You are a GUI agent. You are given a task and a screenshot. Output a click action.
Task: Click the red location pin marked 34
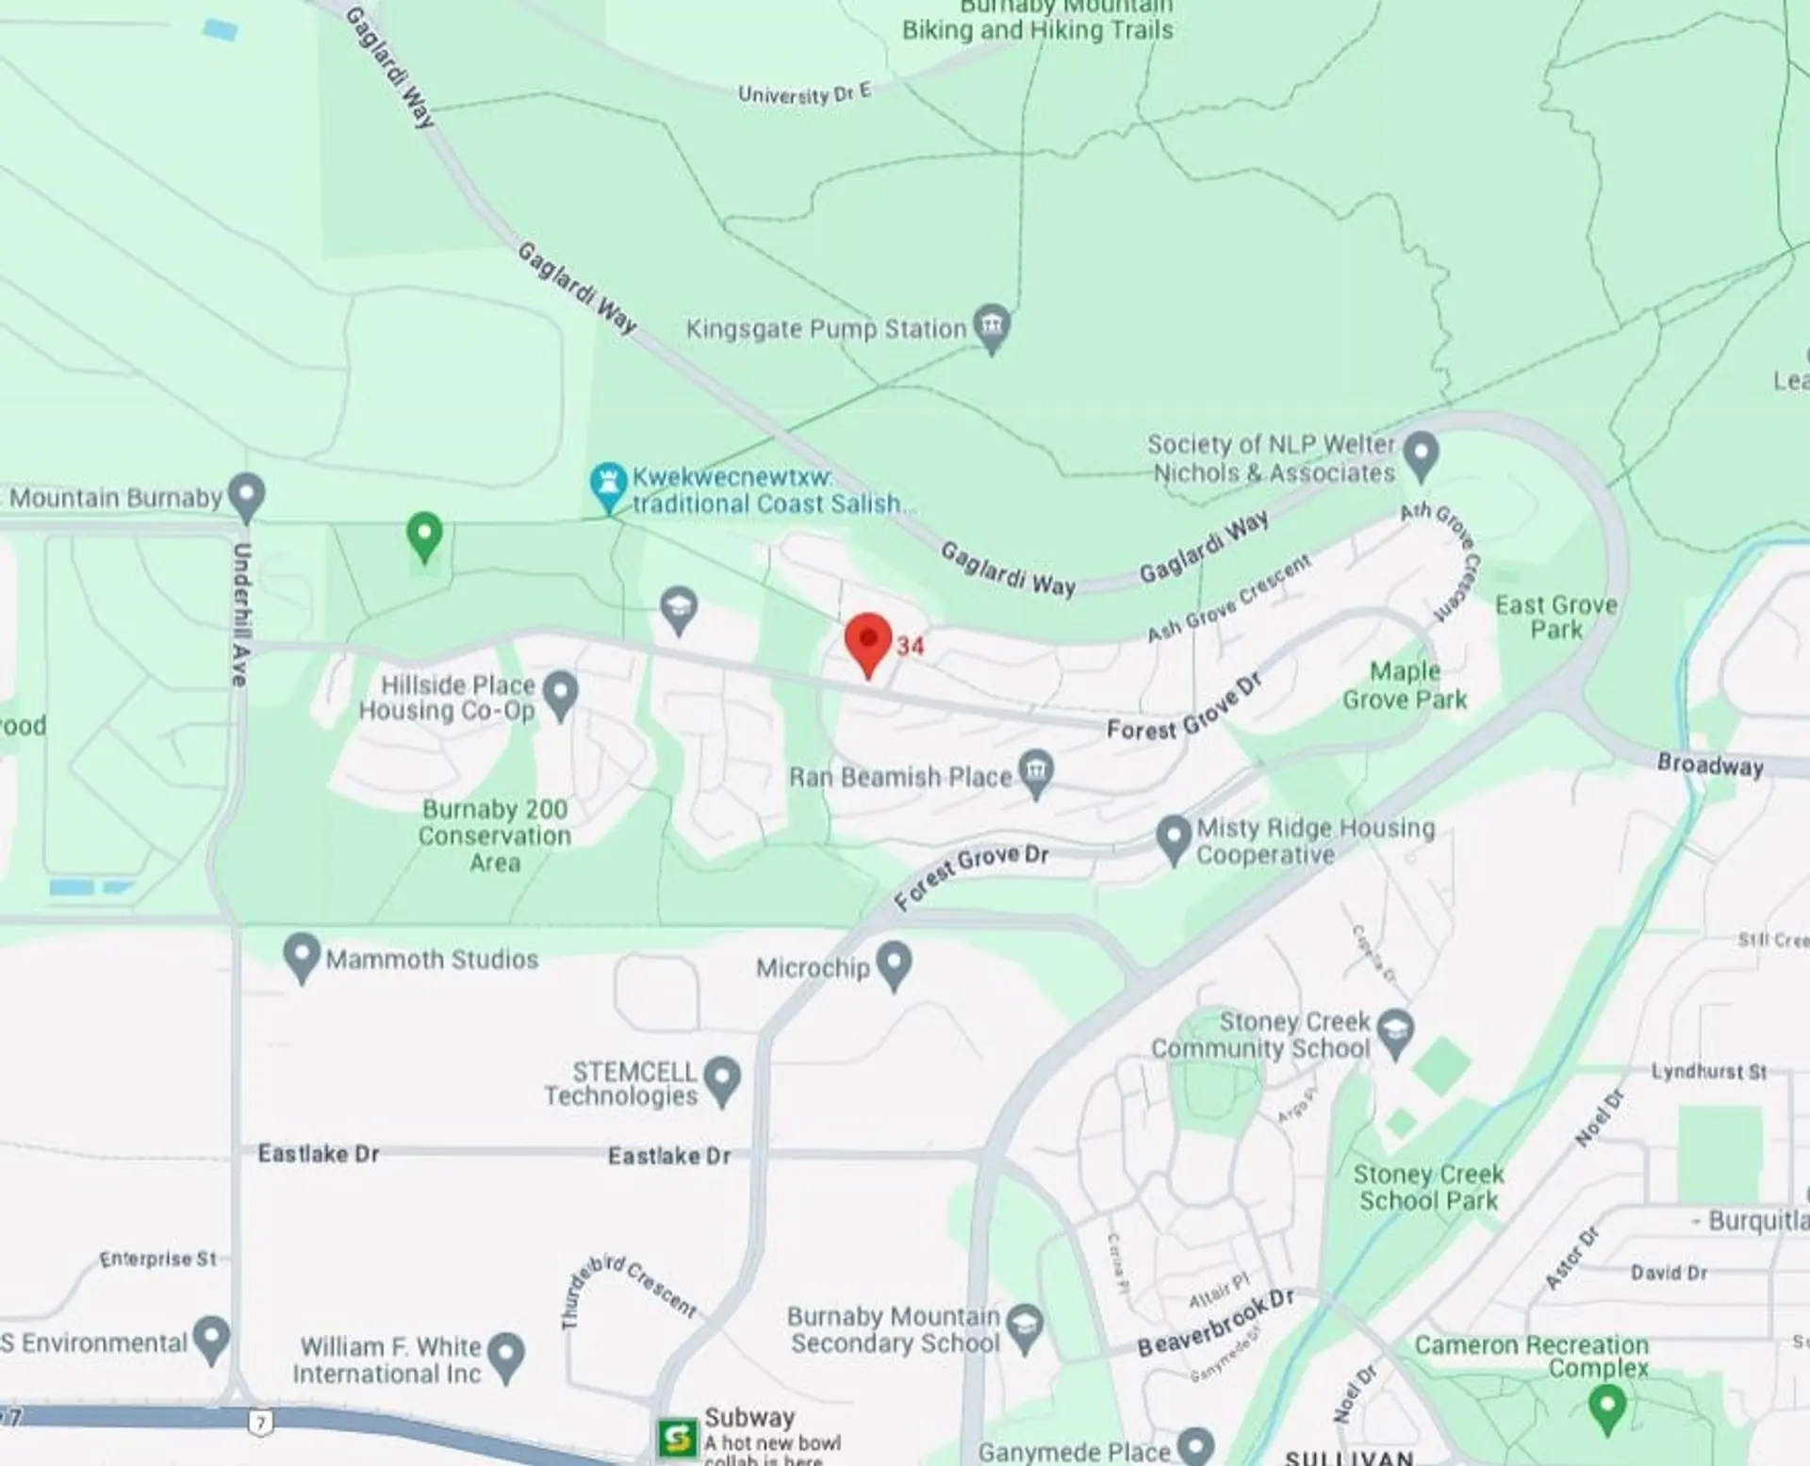tap(868, 641)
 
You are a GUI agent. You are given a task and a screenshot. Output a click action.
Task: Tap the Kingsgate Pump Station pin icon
tap(991, 326)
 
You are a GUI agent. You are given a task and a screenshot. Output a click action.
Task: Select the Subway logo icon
tap(678, 1438)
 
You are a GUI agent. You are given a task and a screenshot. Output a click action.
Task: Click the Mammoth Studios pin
tap(302, 956)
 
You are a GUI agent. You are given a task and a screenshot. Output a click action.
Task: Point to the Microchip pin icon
tap(894, 964)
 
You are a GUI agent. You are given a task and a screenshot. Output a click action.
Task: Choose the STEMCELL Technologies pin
tap(722, 1079)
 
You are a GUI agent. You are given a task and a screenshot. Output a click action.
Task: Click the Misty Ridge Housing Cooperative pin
tap(1174, 837)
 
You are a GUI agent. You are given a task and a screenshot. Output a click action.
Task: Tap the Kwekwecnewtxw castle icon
tap(608, 485)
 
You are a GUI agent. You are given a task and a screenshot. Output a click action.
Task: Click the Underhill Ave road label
tap(240, 614)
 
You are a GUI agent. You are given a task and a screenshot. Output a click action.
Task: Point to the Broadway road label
tap(1710, 765)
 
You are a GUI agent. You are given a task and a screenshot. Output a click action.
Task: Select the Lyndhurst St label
tap(1708, 1071)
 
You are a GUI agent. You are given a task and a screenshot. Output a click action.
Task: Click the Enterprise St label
tap(158, 1259)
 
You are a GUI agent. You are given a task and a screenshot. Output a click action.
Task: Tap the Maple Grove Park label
tap(1405, 685)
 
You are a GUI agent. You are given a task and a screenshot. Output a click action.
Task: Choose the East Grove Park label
tap(1555, 618)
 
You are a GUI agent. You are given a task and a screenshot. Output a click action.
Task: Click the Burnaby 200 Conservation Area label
tap(495, 835)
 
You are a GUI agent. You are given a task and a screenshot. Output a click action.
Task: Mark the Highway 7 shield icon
tap(260, 1423)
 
